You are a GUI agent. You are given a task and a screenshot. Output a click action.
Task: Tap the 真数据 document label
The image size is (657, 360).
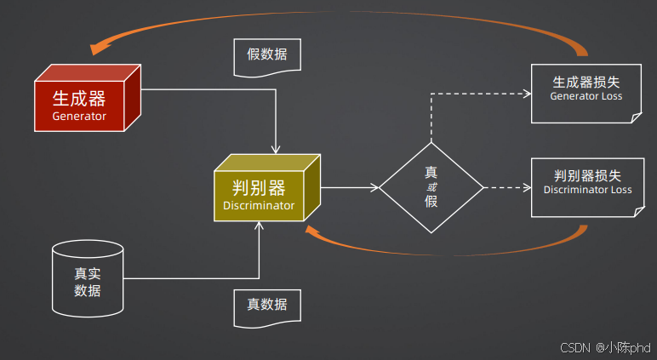[x=266, y=306]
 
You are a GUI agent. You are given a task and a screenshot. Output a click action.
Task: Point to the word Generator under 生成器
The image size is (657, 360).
[x=79, y=116]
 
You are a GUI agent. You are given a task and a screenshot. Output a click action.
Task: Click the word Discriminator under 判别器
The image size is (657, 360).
[x=259, y=205]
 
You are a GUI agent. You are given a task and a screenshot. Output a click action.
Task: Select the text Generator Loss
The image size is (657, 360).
[x=586, y=96]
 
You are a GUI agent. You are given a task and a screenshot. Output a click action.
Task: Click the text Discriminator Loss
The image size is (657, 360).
[x=587, y=190]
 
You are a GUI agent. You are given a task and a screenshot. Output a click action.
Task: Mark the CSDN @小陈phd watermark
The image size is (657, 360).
[x=605, y=348]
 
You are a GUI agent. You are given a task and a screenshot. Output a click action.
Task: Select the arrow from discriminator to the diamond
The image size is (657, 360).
[x=350, y=186]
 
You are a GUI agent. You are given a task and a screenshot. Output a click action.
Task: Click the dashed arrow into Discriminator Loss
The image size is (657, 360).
[x=506, y=186]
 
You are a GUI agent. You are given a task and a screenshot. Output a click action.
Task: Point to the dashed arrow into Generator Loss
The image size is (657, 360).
[x=477, y=93]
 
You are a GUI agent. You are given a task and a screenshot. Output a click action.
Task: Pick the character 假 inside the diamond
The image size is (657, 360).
[x=431, y=202]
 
